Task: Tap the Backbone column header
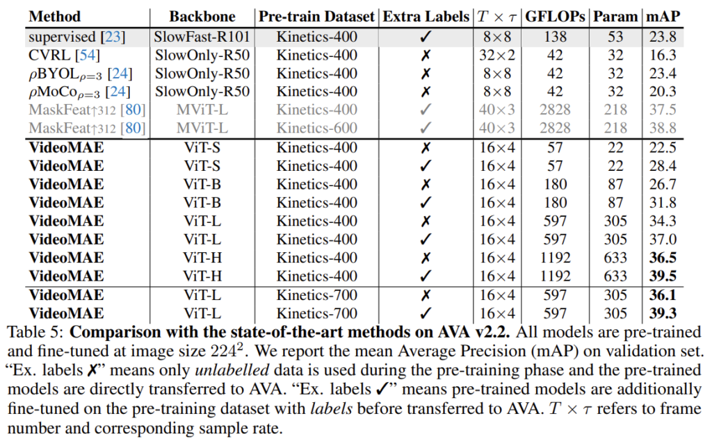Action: [x=203, y=16]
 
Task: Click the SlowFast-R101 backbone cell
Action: [x=203, y=35]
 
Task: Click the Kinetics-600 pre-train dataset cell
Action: [x=316, y=128]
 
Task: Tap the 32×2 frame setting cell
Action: [x=497, y=53]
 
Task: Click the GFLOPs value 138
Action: [x=555, y=35]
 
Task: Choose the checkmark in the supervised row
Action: [x=427, y=35]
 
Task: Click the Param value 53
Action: [x=615, y=35]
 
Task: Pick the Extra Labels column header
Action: [x=426, y=16]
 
